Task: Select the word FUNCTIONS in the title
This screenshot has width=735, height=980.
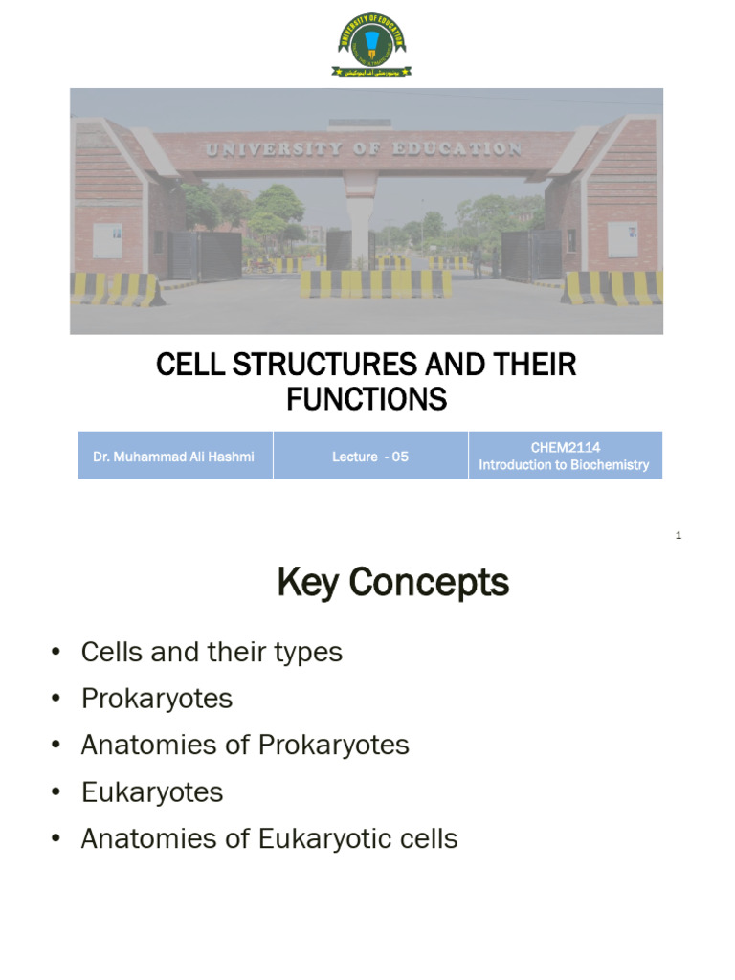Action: tap(367, 400)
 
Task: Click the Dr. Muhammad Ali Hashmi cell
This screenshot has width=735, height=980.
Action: tap(175, 456)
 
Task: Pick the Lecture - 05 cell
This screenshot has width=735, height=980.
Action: tap(370, 456)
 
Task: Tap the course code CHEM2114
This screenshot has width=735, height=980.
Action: tap(565, 447)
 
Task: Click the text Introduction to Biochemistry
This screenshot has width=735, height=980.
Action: tap(565, 465)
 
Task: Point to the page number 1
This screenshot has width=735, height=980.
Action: tap(678, 536)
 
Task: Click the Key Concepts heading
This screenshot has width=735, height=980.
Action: tap(392, 582)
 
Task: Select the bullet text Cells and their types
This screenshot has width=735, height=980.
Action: tap(212, 653)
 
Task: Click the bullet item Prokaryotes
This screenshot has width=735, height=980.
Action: tap(157, 699)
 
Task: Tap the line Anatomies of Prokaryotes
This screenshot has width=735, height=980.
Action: tap(245, 746)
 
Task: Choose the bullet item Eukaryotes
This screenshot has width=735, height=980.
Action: tap(152, 792)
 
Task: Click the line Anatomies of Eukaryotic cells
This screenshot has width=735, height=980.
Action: tap(269, 839)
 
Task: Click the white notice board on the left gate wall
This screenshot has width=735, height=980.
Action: tap(107, 239)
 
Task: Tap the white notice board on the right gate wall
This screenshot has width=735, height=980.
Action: tap(622, 239)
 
